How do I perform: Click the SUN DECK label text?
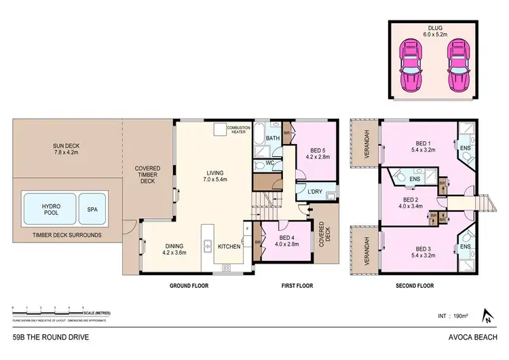click(x=67, y=149)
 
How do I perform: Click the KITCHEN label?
click(x=229, y=246)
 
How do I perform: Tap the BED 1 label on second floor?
click(x=424, y=147)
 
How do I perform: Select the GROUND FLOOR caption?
click(x=189, y=286)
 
